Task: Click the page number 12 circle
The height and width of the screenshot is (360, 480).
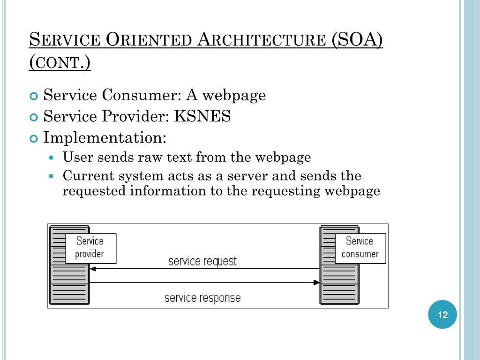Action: (x=442, y=315)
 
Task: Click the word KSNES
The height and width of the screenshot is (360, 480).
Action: (x=202, y=116)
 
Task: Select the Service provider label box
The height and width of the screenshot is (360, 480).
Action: (x=90, y=247)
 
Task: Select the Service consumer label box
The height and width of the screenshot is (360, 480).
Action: (x=360, y=247)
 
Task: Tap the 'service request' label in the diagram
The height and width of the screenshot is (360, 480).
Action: (x=202, y=261)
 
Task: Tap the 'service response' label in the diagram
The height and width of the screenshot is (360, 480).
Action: (x=202, y=298)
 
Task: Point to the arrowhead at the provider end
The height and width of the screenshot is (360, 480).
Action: (x=93, y=269)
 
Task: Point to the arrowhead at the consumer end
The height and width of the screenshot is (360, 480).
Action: (x=316, y=283)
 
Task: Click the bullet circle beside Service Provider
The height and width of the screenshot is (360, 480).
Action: (x=33, y=117)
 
